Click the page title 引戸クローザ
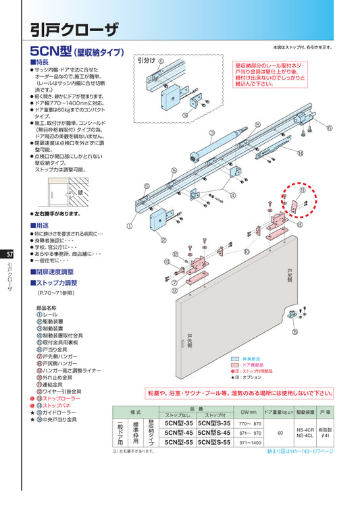tap(74, 28)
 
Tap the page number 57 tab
tap(9, 254)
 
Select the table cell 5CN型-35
tap(174, 423)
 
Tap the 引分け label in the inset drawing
tap(146, 60)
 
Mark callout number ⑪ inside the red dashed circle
tap(301, 192)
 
